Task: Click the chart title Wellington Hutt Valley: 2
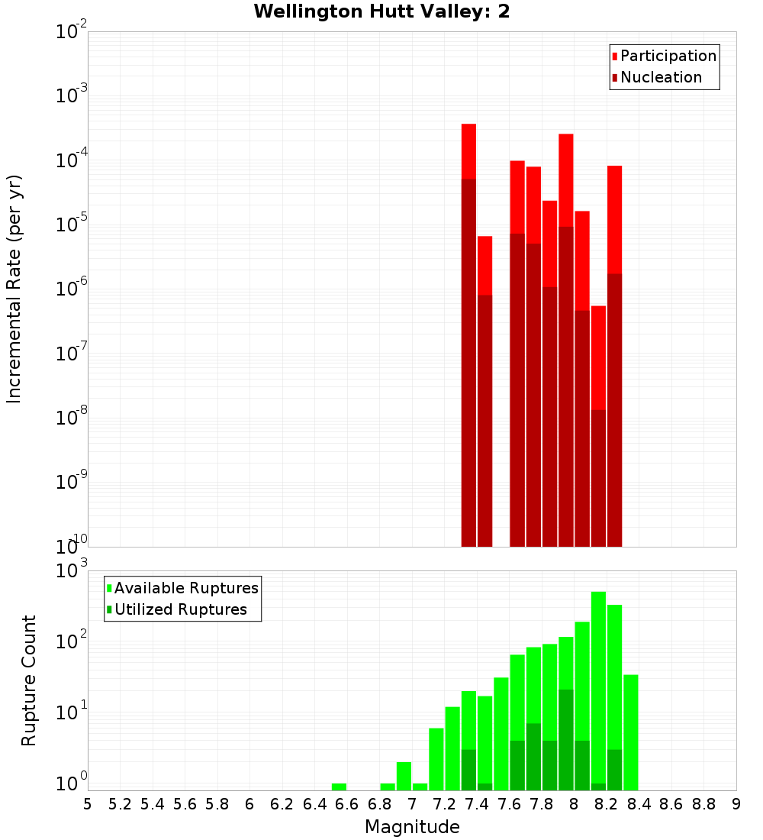coord(381,11)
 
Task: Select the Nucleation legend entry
coord(660,78)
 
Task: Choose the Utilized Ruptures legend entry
coord(180,610)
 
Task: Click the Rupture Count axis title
coord(29,680)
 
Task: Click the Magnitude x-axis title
coord(412,827)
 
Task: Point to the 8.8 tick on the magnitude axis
coord(703,804)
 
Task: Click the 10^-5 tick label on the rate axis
coord(72,225)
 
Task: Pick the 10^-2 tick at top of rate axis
coord(72,32)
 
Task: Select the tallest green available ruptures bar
coord(598,687)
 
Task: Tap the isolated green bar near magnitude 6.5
coord(339,787)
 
